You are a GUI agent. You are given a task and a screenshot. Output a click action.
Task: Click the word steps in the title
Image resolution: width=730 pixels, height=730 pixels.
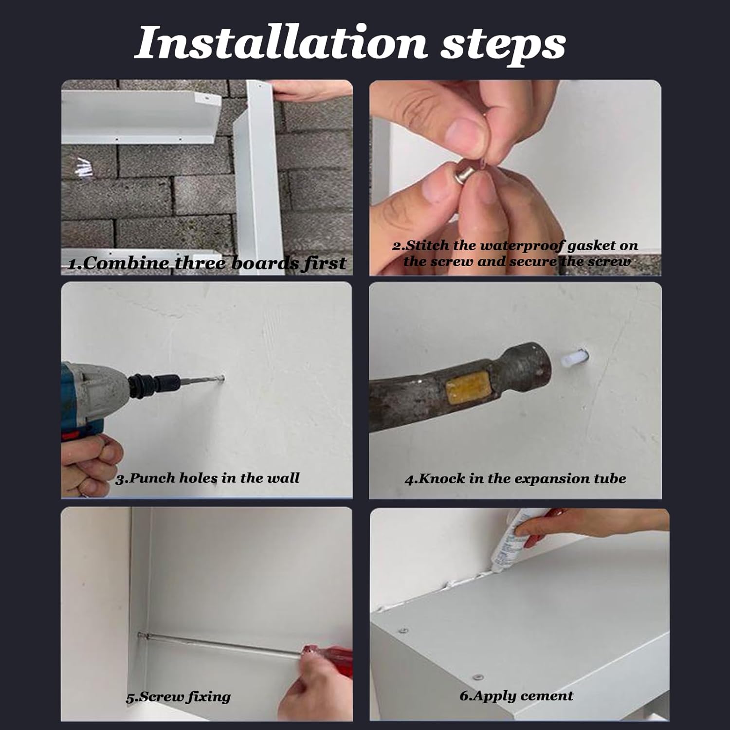click(x=503, y=47)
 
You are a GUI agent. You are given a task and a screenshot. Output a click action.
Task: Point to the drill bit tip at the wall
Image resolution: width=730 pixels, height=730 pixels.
click(x=222, y=377)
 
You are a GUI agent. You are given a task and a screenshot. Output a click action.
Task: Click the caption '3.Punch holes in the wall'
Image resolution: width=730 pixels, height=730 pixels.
click(x=208, y=478)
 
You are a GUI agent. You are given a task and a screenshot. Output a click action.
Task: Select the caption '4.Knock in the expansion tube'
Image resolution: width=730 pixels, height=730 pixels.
click(x=515, y=478)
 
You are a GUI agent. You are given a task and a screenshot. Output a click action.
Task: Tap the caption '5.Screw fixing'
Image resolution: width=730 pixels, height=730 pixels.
click(x=178, y=697)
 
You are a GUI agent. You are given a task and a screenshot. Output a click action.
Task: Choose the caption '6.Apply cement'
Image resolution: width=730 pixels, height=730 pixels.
click(x=516, y=696)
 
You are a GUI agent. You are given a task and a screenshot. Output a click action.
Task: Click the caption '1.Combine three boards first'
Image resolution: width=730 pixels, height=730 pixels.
click(x=207, y=263)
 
